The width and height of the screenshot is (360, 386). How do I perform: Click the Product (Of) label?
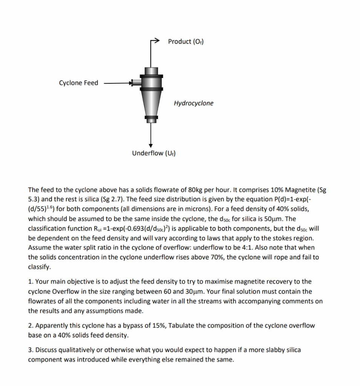(x=186, y=41)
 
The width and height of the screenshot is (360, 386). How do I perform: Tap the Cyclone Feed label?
(x=78, y=83)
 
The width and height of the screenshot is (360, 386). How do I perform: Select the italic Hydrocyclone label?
(x=193, y=103)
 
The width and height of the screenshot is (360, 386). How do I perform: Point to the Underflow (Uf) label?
(x=154, y=153)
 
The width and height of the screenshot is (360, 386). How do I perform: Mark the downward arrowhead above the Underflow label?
(x=151, y=145)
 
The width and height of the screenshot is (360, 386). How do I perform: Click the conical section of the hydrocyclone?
(x=151, y=104)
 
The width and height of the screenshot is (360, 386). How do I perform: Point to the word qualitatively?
(x=75, y=350)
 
